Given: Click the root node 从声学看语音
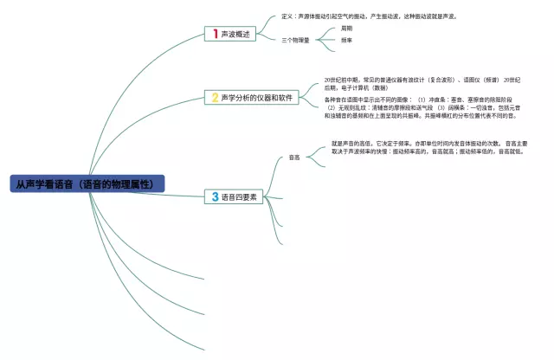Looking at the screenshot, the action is tap(87, 184).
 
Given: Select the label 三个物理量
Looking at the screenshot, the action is tap(295, 40).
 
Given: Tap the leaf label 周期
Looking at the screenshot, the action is tap(347, 29).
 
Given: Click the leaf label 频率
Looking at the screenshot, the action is tap(347, 40).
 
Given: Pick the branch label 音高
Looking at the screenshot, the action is tap(294, 157).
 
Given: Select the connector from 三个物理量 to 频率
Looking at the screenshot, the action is tap(325, 40).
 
